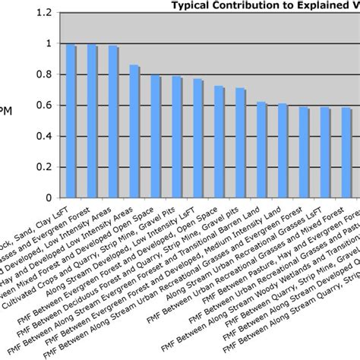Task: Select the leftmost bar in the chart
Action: (x=71, y=120)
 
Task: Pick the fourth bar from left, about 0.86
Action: (x=134, y=131)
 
